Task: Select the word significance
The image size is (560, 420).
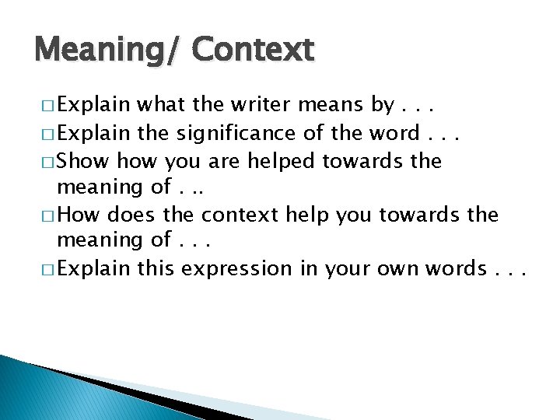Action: (236, 133)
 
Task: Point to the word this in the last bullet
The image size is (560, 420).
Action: (158, 268)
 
